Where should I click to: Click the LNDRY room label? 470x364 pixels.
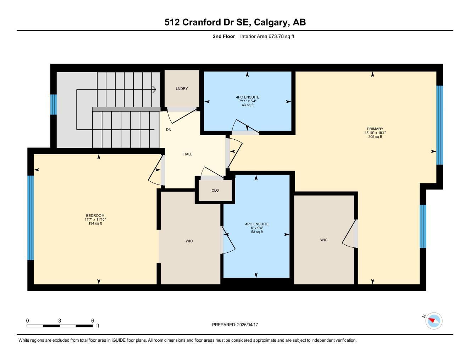click(182, 89)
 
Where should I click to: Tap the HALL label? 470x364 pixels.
click(188, 154)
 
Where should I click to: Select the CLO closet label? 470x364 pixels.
click(215, 191)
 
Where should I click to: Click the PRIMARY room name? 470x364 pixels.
click(375, 129)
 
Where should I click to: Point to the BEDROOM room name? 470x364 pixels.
click(95, 216)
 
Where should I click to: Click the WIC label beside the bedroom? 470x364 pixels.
click(189, 241)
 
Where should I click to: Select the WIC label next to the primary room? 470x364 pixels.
click(324, 240)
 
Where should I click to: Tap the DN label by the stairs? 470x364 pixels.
click(168, 130)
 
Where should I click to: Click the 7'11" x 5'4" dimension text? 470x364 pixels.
click(248, 101)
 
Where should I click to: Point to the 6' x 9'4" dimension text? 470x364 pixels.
click(257, 228)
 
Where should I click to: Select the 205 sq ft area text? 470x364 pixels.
click(375, 137)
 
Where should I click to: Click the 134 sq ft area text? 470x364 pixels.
click(95, 224)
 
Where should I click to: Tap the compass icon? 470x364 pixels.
click(433, 321)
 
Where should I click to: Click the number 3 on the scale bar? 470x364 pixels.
click(60, 321)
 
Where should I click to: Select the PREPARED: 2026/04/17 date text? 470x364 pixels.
click(235, 325)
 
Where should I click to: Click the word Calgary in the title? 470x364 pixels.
click(271, 22)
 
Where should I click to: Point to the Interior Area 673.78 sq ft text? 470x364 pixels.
click(267, 36)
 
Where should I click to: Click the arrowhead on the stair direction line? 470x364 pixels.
click(154, 89)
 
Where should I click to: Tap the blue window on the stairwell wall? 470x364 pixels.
click(54, 105)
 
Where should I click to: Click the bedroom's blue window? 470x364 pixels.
click(31, 218)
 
